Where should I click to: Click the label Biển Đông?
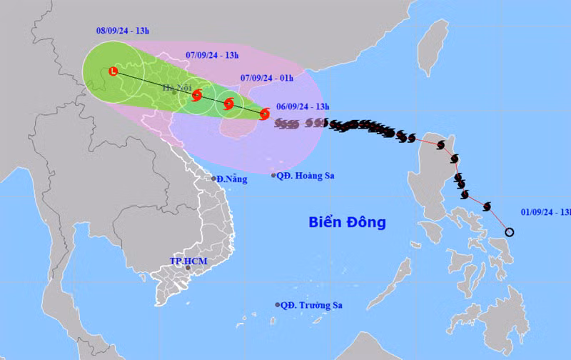(347, 222)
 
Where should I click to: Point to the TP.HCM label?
(188, 261)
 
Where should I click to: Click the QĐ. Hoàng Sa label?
(307, 176)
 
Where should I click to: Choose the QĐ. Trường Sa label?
(311, 305)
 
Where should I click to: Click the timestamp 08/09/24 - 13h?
(123, 31)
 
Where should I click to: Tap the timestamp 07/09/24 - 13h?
(212, 55)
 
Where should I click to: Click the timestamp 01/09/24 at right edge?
(545, 211)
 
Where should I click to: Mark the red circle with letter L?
(113, 71)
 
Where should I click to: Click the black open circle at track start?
(510, 231)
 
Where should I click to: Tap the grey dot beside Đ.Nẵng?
(213, 179)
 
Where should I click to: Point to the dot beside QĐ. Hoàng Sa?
(274, 175)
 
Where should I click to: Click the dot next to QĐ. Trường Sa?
(278, 305)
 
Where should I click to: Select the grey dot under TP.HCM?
(188, 268)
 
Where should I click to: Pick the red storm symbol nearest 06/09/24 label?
(265, 114)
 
